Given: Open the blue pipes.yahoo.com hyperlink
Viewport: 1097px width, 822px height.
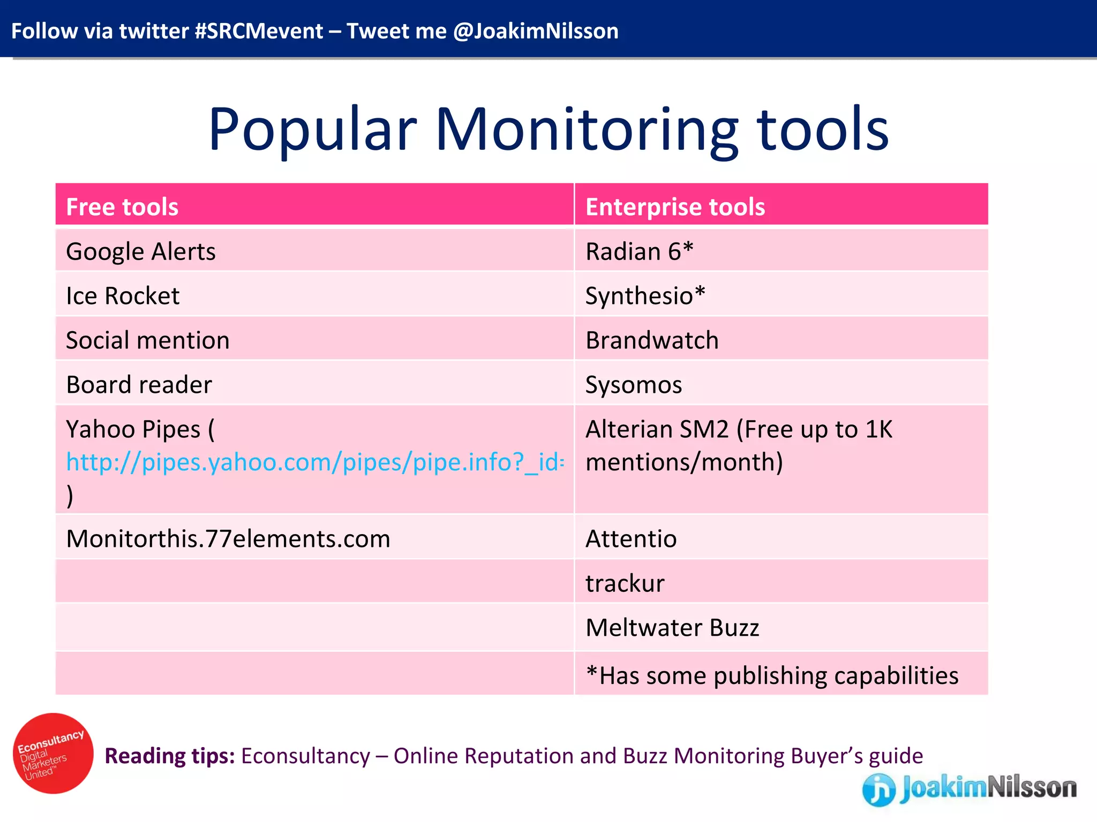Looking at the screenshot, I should click(314, 462).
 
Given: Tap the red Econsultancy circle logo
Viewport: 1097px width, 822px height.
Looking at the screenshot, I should click(53, 753).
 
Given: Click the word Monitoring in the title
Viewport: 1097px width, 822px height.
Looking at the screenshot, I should click(586, 130).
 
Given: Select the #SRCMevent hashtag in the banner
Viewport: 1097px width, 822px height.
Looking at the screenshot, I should click(259, 31).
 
